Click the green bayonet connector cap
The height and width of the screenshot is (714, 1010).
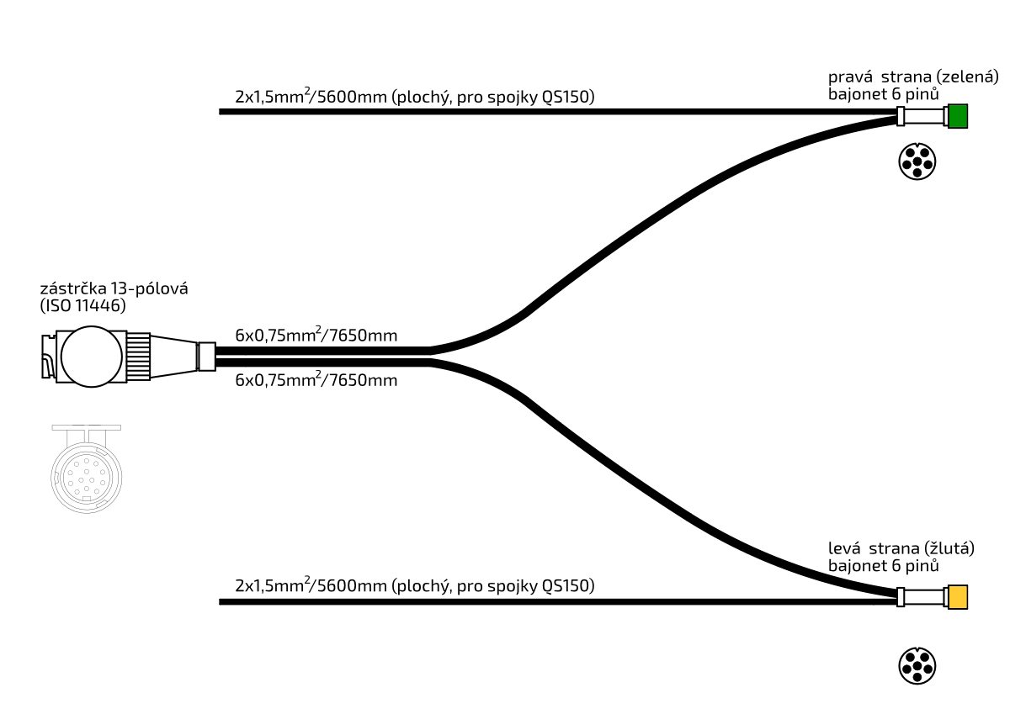tap(958, 116)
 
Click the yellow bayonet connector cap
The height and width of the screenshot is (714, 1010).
tap(957, 597)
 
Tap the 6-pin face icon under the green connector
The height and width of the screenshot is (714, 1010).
tap(917, 161)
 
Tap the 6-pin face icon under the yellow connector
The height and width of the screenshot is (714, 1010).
tap(917, 665)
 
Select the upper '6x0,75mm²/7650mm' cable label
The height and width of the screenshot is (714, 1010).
tap(316, 336)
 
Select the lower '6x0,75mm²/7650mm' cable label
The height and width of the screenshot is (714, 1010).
tap(316, 380)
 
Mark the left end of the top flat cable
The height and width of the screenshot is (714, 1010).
tap(222, 111)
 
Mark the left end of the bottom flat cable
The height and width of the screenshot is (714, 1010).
tap(222, 601)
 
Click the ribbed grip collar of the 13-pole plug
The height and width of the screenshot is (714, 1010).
tap(139, 357)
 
